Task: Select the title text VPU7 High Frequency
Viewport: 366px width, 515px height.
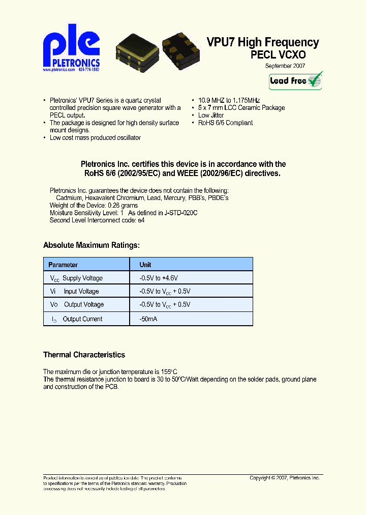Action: point(263,43)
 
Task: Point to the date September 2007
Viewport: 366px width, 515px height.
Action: point(285,66)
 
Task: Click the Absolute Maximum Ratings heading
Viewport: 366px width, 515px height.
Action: point(91,245)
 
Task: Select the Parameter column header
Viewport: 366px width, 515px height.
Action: point(63,265)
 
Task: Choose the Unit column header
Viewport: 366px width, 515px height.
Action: point(145,265)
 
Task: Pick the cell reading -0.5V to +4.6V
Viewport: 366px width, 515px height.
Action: point(159,278)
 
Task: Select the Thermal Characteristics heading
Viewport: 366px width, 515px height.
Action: point(84,355)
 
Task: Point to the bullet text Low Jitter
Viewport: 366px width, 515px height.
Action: point(210,116)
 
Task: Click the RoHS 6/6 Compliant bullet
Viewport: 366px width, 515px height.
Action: point(225,123)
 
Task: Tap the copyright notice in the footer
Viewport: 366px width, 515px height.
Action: point(284,478)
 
